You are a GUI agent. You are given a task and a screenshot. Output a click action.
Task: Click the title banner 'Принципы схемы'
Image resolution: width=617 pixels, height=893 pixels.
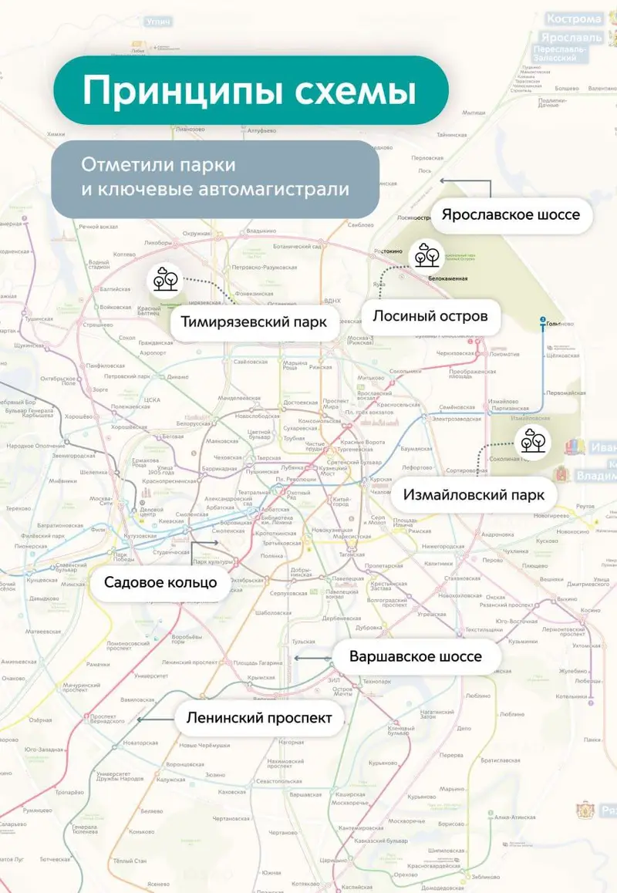click(250, 90)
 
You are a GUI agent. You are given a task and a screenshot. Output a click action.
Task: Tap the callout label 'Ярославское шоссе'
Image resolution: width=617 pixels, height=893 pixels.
click(510, 214)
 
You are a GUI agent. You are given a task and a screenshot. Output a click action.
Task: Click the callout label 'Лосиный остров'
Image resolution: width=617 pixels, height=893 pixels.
click(430, 316)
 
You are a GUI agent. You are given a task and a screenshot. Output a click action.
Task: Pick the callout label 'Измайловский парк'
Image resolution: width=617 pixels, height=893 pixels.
click(474, 494)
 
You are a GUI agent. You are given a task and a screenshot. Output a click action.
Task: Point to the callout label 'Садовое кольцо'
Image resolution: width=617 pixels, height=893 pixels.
click(160, 582)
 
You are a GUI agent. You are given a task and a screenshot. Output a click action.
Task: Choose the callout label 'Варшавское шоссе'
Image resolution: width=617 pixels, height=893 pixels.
click(415, 657)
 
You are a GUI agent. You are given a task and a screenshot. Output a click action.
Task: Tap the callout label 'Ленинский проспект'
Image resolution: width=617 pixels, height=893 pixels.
click(259, 718)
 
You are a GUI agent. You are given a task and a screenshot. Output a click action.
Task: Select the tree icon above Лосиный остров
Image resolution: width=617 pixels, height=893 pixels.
click(424, 254)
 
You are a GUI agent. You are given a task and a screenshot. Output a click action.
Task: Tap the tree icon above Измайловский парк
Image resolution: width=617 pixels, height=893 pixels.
click(532, 440)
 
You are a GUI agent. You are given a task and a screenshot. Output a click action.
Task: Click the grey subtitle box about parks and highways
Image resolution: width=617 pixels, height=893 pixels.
click(215, 178)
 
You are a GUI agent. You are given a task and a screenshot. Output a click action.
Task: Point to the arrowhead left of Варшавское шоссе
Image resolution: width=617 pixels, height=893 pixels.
click(296, 658)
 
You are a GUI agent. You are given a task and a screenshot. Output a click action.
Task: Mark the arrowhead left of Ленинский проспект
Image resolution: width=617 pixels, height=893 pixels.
click(140, 719)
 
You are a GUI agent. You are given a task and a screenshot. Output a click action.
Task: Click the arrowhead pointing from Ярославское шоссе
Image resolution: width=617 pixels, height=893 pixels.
click(443, 180)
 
